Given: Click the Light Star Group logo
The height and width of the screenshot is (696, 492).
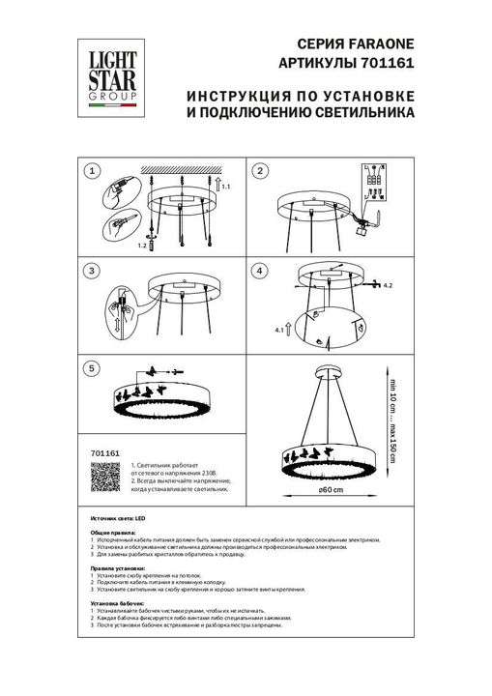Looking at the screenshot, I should click(x=106, y=69).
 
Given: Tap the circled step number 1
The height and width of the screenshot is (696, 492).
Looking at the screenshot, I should click(x=92, y=171).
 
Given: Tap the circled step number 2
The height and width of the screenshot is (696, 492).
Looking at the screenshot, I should click(x=260, y=171).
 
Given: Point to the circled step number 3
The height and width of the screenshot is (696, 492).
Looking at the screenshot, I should click(x=92, y=272).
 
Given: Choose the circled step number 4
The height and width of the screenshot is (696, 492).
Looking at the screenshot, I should click(x=260, y=272).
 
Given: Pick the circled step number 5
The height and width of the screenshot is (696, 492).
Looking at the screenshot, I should click(x=92, y=368).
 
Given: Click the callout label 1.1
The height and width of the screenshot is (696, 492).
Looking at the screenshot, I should click(x=228, y=186).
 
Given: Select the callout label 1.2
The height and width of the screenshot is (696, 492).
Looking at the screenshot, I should click(x=141, y=247).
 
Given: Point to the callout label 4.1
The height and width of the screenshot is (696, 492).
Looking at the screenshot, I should click(x=282, y=332).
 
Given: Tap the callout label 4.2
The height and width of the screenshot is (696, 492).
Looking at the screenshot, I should click(x=389, y=287).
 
